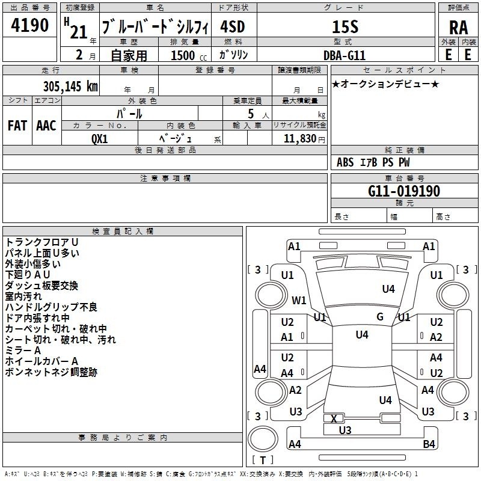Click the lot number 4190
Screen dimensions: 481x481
(x=29, y=25)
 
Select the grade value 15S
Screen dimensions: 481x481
(x=345, y=26)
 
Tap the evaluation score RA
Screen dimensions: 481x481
(x=458, y=28)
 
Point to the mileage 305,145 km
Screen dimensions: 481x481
(x=70, y=86)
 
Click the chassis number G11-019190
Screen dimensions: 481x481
(x=404, y=191)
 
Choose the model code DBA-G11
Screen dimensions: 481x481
(x=345, y=55)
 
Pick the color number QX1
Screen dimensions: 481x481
(x=99, y=139)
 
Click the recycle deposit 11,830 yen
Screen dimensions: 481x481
(x=304, y=139)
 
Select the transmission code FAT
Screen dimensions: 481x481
(x=17, y=126)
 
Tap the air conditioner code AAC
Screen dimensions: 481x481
(x=46, y=126)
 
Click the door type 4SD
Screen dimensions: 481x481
(x=233, y=26)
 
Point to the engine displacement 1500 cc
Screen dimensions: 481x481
(x=189, y=55)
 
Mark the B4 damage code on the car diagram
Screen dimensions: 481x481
(x=429, y=444)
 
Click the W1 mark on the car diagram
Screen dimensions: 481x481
(x=299, y=300)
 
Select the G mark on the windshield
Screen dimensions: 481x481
(x=380, y=317)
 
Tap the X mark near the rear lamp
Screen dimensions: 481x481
(x=334, y=418)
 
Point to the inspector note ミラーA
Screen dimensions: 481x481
(x=23, y=351)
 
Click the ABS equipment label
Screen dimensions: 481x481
(x=345, y=162)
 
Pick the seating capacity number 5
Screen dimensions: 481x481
(x=251, y=114)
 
